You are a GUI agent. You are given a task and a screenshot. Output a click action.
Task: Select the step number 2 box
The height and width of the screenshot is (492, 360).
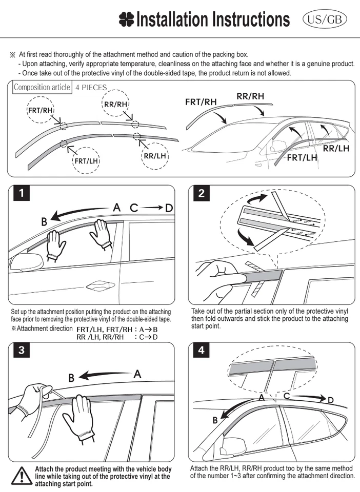point(201,193)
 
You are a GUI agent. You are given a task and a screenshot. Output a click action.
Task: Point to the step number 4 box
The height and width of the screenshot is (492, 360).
point(201,351)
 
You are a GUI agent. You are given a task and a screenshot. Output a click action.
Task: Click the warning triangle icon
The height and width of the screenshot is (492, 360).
point(21,475)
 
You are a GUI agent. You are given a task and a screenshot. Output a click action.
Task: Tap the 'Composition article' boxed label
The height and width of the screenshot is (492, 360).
point(42,87)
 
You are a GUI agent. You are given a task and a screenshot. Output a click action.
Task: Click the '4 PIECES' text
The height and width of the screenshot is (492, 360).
point(91,88)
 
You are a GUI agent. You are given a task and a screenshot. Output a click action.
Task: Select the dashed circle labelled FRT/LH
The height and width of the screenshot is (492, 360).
point(86,161)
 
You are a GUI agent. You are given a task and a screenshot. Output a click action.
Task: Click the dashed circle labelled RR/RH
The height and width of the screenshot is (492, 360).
point(115,104)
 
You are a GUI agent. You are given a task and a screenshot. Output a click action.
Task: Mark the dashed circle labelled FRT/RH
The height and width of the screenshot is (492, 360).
point(40,110)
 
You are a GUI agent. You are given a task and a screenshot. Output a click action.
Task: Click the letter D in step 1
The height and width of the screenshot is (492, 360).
point(169,208)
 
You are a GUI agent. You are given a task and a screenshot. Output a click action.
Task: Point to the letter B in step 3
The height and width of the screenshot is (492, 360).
point(72,378)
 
